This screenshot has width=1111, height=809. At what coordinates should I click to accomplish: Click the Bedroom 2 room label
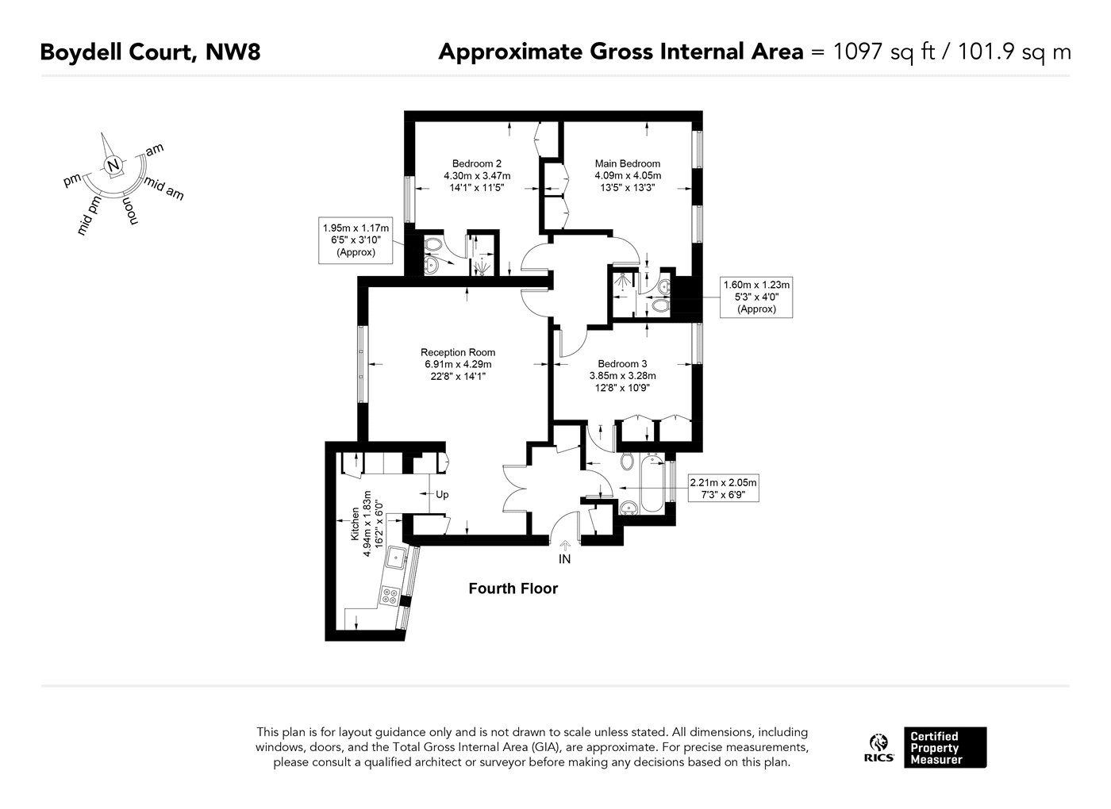tap(476, 163)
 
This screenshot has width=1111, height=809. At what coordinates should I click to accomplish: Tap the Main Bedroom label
tap(627, 163)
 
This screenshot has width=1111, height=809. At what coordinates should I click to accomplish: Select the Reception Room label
tap(458, 352)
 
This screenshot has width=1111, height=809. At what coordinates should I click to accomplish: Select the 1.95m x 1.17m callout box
tap(357, 240)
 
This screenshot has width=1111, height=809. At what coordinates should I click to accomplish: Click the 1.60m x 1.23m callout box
tap(755, 297)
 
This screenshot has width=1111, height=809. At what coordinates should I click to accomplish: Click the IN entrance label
tap(565, 558)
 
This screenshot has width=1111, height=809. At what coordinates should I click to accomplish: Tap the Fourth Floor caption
tap(513, 589)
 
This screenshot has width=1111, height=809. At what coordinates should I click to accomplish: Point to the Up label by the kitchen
tap(442, 494)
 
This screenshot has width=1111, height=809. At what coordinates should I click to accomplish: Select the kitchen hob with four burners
tap(390, 595)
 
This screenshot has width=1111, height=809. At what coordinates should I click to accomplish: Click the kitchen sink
tap(395, 558)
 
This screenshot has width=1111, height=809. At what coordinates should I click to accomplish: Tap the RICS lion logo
tap(878, 743)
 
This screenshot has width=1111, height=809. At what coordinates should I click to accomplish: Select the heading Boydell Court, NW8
tap(150, 52)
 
